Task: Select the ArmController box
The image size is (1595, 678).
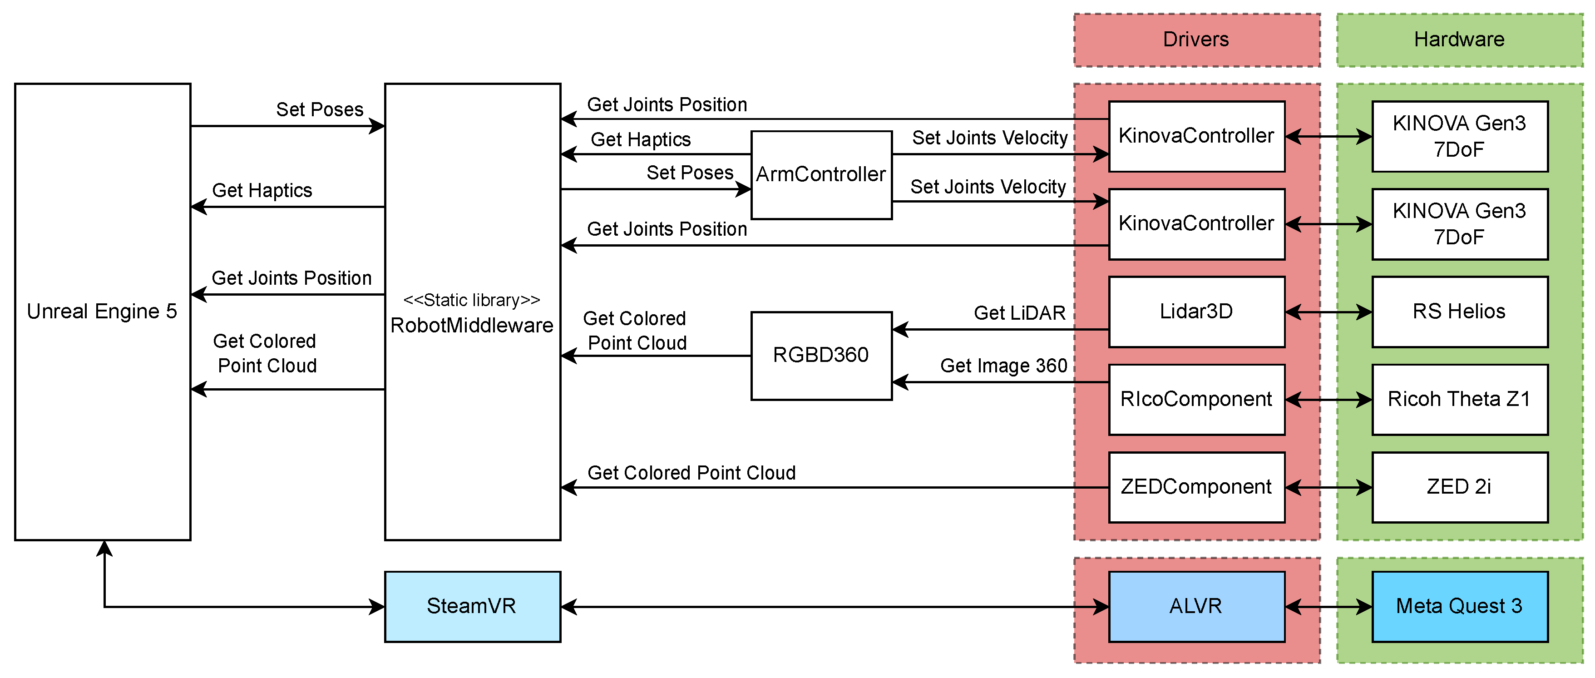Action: pos(821,174)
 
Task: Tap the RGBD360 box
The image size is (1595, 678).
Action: pos(821,356)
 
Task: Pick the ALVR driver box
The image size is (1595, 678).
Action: pos(1196,606)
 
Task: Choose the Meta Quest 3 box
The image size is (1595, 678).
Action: pos(1459,606)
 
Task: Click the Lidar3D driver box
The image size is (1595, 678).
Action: pos(1196,312)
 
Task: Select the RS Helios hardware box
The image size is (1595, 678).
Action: pos(1459,312)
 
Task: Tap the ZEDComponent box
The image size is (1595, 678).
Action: pos(1196,487)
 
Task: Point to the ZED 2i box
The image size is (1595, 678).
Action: pos(1459,487)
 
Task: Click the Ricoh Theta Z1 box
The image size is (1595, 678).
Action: pos(1459,399)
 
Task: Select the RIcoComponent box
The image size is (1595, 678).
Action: pos(1196,399)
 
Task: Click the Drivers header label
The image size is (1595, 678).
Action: pos(1196,40)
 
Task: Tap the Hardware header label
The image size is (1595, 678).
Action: pos(1459,40)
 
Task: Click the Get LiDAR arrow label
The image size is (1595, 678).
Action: pos(1019,313)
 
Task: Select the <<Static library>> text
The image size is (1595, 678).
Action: pos(472,300)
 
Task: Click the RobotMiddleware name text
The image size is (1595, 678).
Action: pos(472,326)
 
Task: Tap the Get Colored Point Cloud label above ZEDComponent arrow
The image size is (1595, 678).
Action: pos(691,473)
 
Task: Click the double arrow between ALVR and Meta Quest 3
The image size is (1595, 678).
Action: pos(1328,607)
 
